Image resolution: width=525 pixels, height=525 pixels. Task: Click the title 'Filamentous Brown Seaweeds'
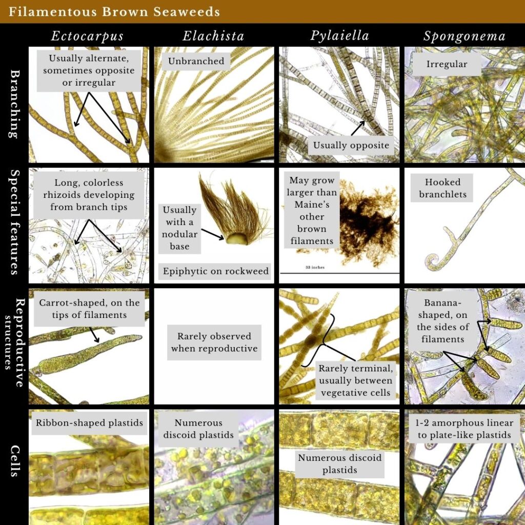[x=114, y=11]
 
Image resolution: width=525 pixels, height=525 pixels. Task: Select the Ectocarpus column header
[x=87, y=36]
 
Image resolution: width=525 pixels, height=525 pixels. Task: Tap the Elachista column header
[x=213, y=36]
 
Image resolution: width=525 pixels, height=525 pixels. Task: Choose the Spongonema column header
[x=464, y=36]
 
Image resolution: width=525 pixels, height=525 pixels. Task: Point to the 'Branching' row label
[x=13, y=105]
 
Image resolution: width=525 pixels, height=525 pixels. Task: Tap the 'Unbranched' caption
[x=196, y=61]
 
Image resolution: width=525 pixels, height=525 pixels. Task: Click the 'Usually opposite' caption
[x=351, y=146]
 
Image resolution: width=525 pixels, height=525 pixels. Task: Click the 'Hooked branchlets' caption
[x=442, y=188]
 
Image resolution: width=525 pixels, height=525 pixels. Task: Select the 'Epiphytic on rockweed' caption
[x=216, y=271]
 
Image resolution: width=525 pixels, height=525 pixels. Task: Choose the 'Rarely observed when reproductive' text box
[x=214, y=342]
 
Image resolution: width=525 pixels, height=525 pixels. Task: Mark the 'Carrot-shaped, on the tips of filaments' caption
[x=89, y=309]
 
